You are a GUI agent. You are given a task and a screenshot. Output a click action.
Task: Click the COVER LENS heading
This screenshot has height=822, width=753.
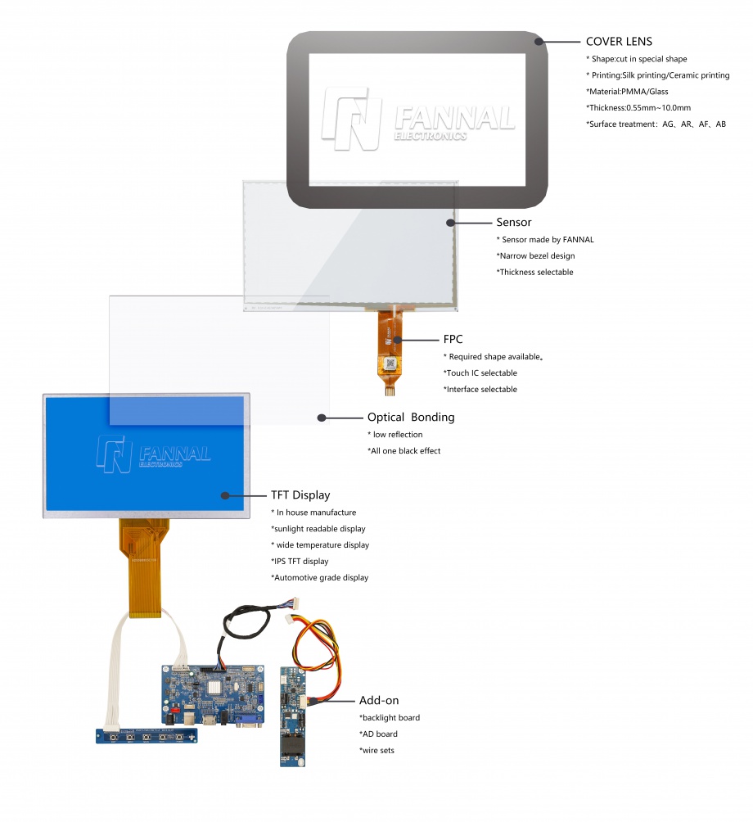click(x=619, y=42)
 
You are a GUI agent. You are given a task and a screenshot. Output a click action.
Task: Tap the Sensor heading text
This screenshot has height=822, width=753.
click(x=513, y=222)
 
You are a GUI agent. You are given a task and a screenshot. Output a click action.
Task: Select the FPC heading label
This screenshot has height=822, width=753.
click(x=454, y=338)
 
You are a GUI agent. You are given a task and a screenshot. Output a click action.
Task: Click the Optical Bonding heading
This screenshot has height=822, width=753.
click(x=410, y=417)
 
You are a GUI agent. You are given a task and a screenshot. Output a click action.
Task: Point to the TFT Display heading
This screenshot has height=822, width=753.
click(x=300, y=495)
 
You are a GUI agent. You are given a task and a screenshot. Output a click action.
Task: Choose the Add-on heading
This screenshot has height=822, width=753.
click(x=379, y=700)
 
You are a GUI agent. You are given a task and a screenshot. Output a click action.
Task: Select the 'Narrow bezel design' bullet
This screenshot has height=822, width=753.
click(x=535, y=255)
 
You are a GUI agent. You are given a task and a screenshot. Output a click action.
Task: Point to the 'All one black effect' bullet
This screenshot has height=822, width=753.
click(x=404, y=450)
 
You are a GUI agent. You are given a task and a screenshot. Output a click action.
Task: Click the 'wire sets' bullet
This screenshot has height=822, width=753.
click(x=376, y=750)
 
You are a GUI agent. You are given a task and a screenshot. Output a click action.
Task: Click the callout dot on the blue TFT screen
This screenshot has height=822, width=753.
click(x=224, y=495)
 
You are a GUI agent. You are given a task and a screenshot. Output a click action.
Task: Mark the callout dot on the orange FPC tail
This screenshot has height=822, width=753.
click(x=397, y=339)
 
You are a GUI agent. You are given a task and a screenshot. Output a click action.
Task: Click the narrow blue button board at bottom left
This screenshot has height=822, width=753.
click(x=147, y=737)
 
